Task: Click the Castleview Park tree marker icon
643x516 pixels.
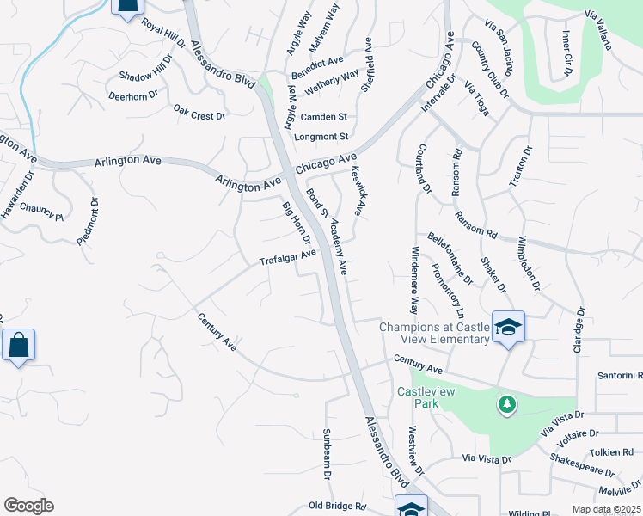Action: [x=507, y=402]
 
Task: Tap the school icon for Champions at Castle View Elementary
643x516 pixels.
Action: [x=508, y=327]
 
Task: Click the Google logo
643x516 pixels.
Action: [x=28, y=506]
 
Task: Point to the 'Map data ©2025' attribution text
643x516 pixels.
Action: [x=606, y=509]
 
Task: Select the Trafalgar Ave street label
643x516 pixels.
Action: [x=289, y=257]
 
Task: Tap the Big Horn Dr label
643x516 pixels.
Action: [x=295, y=222]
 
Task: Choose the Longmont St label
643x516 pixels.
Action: [x=321, y=136]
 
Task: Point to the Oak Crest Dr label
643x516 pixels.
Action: [x=199, y=112]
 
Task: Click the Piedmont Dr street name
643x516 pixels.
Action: [x=87, y=223]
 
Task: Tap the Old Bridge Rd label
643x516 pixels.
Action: [x=338, y=507]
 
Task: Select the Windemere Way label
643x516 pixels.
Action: [x=413, y=280]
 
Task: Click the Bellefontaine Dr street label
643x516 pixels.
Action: [x=450, y=257]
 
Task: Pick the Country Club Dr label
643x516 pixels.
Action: [x=491, y=70]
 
